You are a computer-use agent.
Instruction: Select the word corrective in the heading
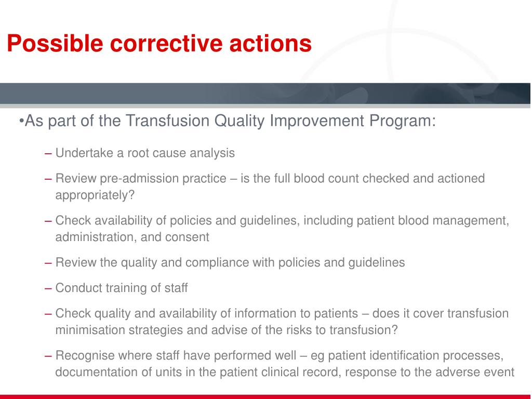(x=166, y=44)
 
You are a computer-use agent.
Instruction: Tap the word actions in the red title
(x=270, y=44)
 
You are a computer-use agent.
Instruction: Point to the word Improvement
(x=317, y=121)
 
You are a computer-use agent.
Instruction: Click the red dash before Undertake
(x=48, y=153)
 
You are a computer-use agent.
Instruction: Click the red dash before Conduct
(x=48, y=288)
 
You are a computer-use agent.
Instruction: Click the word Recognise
(x=85, y=355)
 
